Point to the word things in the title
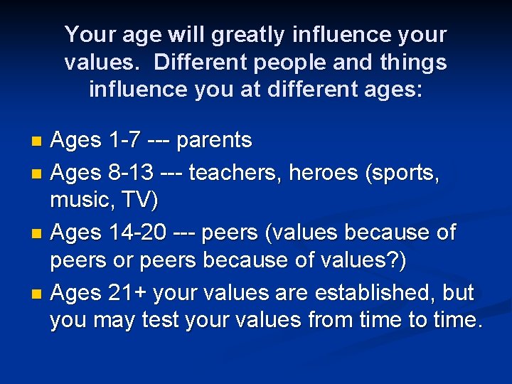pos(414,63)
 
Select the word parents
pos(214,141)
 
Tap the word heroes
pos(319,171)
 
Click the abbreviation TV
pos(139,201)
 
